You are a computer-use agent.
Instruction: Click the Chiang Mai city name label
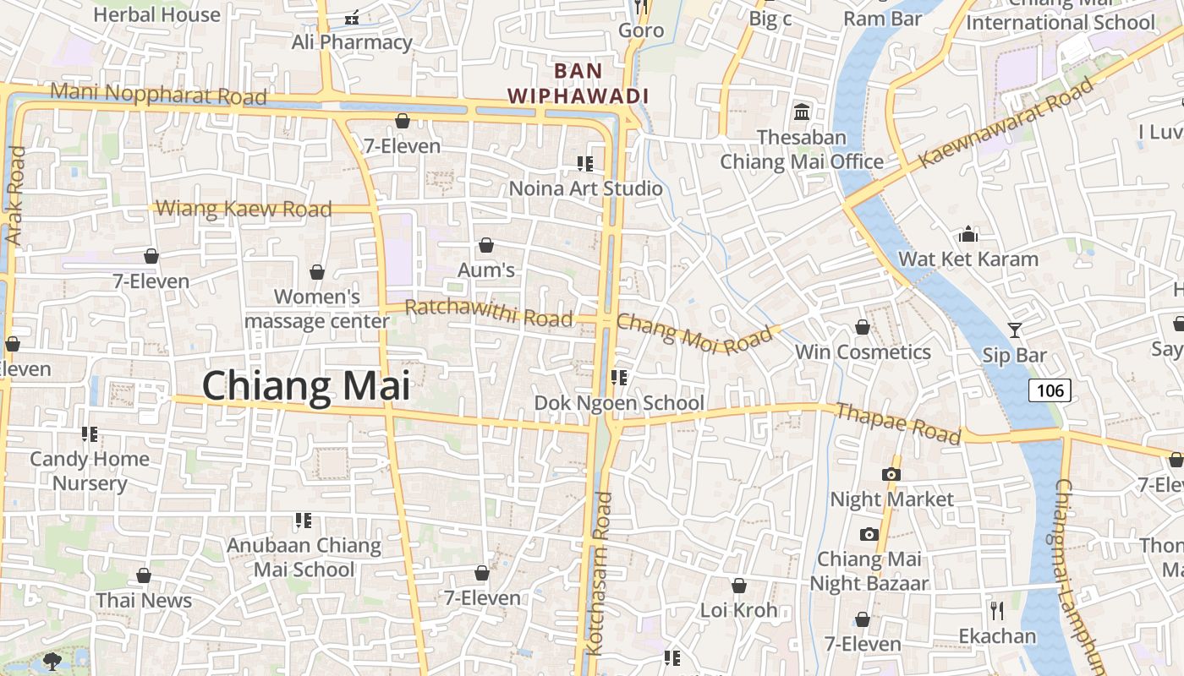pyautogui.click(x=305, y=386)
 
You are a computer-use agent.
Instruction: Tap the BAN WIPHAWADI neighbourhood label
pyautogui.click(x=578, y=83)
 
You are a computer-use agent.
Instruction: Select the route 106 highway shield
pyautogui.click(x=1050, y=390)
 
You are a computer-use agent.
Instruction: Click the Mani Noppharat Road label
pyautogui.click(x=158, y=94)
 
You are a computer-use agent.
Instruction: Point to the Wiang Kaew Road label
pyautogui.click(x=244, y=209)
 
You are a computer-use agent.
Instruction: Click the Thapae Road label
pyautogui.click(x=898, y=423)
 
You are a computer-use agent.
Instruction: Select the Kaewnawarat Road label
pyautogui.click(x=1006, y=123)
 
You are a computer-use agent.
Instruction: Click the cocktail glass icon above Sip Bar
pyautogui.click(x=1015, y=330)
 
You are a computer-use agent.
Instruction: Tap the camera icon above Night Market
pyautogui.click(x=891, y=474)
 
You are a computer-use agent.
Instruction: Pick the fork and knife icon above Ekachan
pyautogui.click(x=996, y=610)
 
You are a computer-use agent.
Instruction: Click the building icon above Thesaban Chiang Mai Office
pyautogui.click(x=801, y=112)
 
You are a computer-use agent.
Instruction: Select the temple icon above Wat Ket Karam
pyautogui.click(x=968, y=233)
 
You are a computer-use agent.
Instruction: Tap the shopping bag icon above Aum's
pyautogui.click(x=486, y=245)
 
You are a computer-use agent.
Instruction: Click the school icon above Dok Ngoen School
pyautogui.click(x=619, y=378)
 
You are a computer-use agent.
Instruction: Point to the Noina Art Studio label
pyautogui.click(x=585, y=188)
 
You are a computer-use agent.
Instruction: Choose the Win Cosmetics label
pyautogui.click(x=863, y=352)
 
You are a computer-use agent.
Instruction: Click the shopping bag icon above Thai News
pyautogui.click(x=144, y=575)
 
